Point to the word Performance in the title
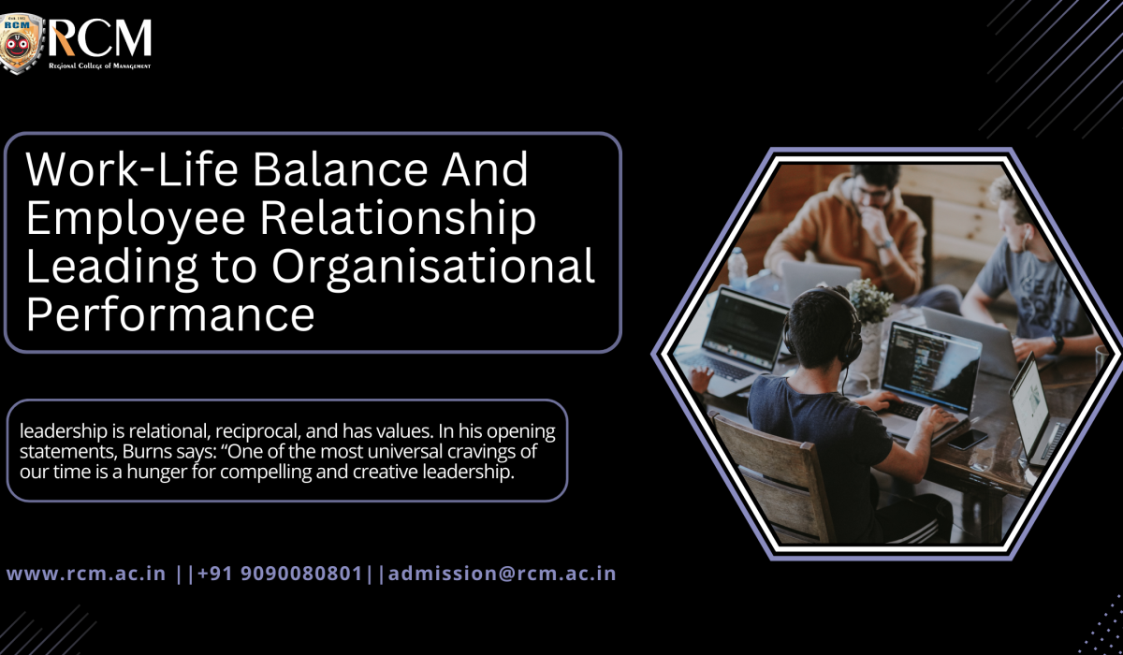pos(169,315)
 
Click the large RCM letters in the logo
pos(101,37)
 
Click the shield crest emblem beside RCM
pos(22,43)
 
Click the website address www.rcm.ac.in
pos(87,574)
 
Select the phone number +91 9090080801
pos(280,574)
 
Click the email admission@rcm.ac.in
pos(503,574)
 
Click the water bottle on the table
pos(739,269)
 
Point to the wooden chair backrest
pos(763,478)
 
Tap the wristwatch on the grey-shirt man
pos(1057,343)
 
